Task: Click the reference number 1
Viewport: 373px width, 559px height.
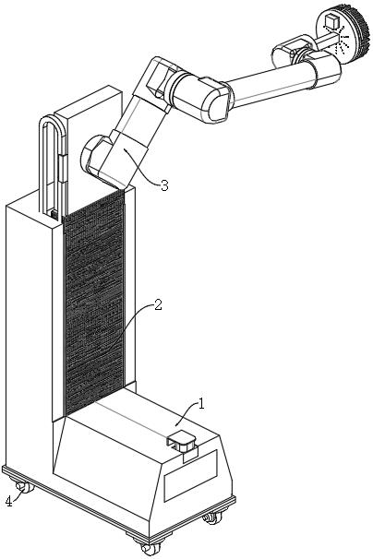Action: click(201, 404)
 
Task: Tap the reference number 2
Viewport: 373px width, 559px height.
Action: click(158, 305)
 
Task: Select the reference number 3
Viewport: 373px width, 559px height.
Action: click(164, 185)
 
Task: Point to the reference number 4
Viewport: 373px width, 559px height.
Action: click(9, 502)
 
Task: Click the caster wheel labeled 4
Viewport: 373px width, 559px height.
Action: click(24, 487)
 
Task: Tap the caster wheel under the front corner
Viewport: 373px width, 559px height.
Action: click(148, 547)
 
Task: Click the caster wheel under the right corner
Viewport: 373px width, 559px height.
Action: click(213, 517)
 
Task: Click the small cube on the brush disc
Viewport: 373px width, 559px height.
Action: click(331, 21)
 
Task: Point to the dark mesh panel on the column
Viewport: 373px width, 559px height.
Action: click(94, 303)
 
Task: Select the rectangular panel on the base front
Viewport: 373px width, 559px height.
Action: click(190, 476)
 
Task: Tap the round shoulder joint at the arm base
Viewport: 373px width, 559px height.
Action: click(92, 155)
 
